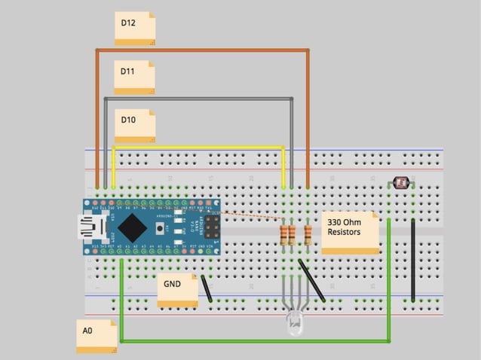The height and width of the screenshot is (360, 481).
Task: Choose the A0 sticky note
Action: [97, 335]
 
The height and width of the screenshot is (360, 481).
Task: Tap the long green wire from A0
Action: [256, 340]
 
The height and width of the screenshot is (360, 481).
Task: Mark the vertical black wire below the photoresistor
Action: [412, 260]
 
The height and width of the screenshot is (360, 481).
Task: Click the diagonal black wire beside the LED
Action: [311, 280]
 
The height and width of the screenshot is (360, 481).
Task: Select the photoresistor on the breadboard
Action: [400, 182]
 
